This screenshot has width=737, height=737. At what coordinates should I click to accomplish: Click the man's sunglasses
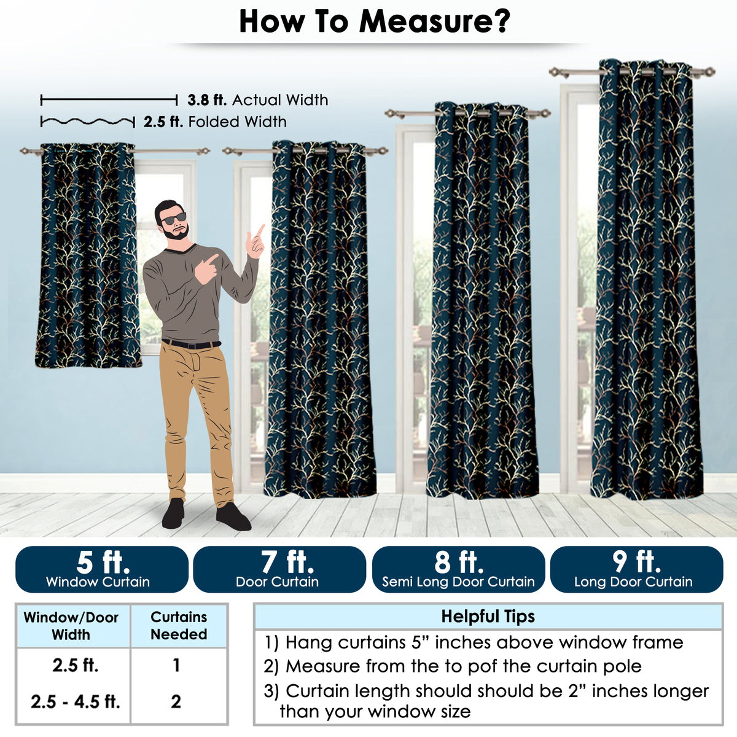pyautogui.click(x=173, y=219)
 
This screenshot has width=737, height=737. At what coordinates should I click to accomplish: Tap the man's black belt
pyautogui.click(x=191, y=344)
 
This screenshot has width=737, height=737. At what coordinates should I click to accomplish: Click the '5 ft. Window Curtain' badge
pyautogui.click(x=102, y=569)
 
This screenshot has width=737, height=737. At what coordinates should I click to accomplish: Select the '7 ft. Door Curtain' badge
pyautogui.click(x=279, y=569)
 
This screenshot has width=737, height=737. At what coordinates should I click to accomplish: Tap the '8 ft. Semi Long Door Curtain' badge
pyautogui.click(x=459, y=569)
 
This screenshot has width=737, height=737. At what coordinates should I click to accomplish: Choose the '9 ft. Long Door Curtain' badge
pyautogui.click(x=637, y=569)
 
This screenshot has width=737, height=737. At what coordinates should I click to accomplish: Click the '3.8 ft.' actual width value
pyautogui.click(x=207, y=100)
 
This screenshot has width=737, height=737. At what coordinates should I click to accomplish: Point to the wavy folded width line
pyautogui.click(x=88, y=122)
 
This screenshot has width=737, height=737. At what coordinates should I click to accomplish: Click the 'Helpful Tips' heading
pyautogui.click(x=488, y=616)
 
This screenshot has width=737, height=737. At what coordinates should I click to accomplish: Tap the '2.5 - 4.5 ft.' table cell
pyautogui.click(x=76, y=701)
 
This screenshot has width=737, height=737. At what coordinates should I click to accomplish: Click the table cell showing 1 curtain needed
pyautogui.click(x=176, y=665)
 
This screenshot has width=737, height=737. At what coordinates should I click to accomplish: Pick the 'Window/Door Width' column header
pyautogui.click(x=71, y=626)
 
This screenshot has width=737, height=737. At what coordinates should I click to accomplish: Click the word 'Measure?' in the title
pyautogui.click(x=434, y=22)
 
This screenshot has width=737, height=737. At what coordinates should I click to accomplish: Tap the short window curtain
pyautogui.click(x=88, y=255)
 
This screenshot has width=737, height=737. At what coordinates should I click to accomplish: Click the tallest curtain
pyautogui.click(x=647, y=279)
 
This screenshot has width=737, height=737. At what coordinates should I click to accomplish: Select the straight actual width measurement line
pyautogui.click(x=109, y=101)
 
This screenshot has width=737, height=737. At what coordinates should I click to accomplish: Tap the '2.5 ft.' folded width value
pyautogui.click(x=163, y=122)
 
